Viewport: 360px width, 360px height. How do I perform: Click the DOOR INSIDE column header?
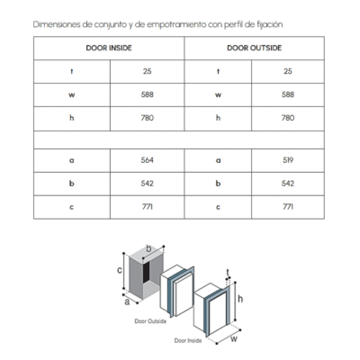click(x=109, y=48)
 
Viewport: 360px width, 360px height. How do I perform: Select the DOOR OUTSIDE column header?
click(x=255, y=48)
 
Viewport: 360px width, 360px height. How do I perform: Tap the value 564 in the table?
click(x=148, y=160)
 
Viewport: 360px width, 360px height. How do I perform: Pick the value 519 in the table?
click(x=288, y=160)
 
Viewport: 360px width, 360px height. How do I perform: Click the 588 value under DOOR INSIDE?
click(x=148, y=94)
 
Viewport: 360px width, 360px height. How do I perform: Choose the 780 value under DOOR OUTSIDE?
click(x=288, y=118)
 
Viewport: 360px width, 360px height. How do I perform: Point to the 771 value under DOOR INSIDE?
click(x=148, y=207)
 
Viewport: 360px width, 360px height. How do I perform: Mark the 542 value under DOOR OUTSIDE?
click(x=288, y=184)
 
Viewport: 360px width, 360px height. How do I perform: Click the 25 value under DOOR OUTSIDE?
click(x=288, y=71)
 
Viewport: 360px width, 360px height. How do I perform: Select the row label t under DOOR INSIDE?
click(x=72, y=71)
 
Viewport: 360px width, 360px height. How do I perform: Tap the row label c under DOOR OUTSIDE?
click(x=218, y=207)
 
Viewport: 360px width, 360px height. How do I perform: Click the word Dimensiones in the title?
click(x=57, y=24)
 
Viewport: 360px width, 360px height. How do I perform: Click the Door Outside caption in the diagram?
click(x=150, y=321)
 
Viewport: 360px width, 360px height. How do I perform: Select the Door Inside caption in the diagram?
click(x=188, y=341)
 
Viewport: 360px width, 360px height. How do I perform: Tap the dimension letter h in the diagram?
click(x=240, y=299)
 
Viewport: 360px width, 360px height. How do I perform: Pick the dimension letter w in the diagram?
click(x=234, y=339)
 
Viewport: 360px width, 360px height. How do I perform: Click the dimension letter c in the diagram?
click(x=120, y=270)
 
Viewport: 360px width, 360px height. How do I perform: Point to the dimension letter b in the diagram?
click(x=148, y=248)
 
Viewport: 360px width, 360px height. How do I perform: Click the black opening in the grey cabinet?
click(x=146, y=273)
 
